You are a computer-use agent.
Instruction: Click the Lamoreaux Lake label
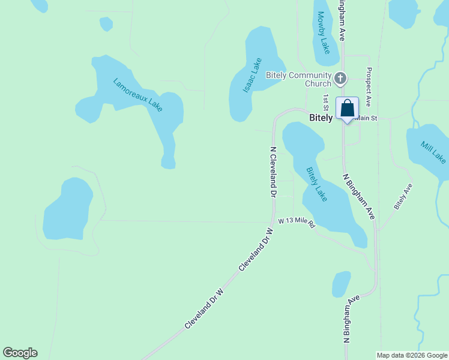pyautogui.click(x=137, y=95)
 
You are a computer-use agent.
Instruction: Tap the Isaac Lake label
pyautogui.click(x=253, y=75)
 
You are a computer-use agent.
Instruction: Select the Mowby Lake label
pyautogui.click(x=324, y=32)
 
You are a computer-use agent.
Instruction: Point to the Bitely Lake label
pyautogui.click(x=317, y=184)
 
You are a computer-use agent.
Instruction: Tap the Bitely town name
pyautogui.click(x=321, y=118)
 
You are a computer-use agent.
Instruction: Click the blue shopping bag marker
pyautogui.click(x=347, y=109)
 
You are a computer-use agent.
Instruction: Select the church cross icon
pyautogui.click(x=340, y=78)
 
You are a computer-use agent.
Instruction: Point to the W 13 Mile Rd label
pyautogui.click(x=296, y=222)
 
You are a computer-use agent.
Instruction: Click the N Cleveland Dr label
pyautogui.click(x=273, y=172)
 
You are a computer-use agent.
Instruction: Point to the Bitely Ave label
pyautogui.click(x=403, y=196)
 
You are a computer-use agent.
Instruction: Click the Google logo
pyautogui.click(x=20, y=353)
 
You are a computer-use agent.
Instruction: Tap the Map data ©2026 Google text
pyautogui.click(x=412, y=355)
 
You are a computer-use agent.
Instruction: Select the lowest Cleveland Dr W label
pyautogui.click(x=204, y=308)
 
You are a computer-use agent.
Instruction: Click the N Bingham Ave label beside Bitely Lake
pyautogui.click(x=358, y=197)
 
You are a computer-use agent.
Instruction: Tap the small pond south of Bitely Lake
pyautogui.click(x=341, y=284)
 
